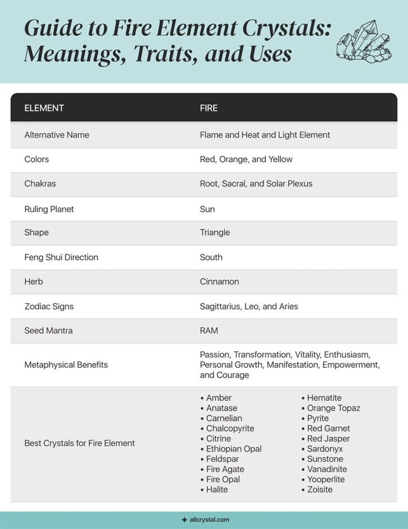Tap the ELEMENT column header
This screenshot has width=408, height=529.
(44, 108)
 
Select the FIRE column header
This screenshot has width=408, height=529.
(208, 108)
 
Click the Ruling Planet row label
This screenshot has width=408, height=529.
(49, 209)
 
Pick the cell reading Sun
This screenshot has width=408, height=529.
(207, 209)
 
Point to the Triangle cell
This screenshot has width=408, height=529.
(215, 232)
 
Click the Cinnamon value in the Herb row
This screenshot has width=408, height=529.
(219, 282)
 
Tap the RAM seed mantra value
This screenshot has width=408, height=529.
(208, 331)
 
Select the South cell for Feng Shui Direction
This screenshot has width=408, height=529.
(211, 257)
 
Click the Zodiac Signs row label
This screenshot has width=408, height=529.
(49, 306)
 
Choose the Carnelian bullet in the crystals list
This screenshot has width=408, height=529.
(223, 418)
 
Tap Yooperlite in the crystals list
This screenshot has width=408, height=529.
(325, 479)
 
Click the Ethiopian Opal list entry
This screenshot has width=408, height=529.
(233, 449)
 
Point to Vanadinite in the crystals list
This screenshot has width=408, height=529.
(326, 469)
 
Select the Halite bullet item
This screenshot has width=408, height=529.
(217, 489)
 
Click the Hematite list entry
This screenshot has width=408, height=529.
(324, 398)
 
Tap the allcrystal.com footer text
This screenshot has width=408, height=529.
(209, 520)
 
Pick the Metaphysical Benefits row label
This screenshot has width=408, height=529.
(66, 365)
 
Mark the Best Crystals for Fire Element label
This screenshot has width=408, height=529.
(80, 443)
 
